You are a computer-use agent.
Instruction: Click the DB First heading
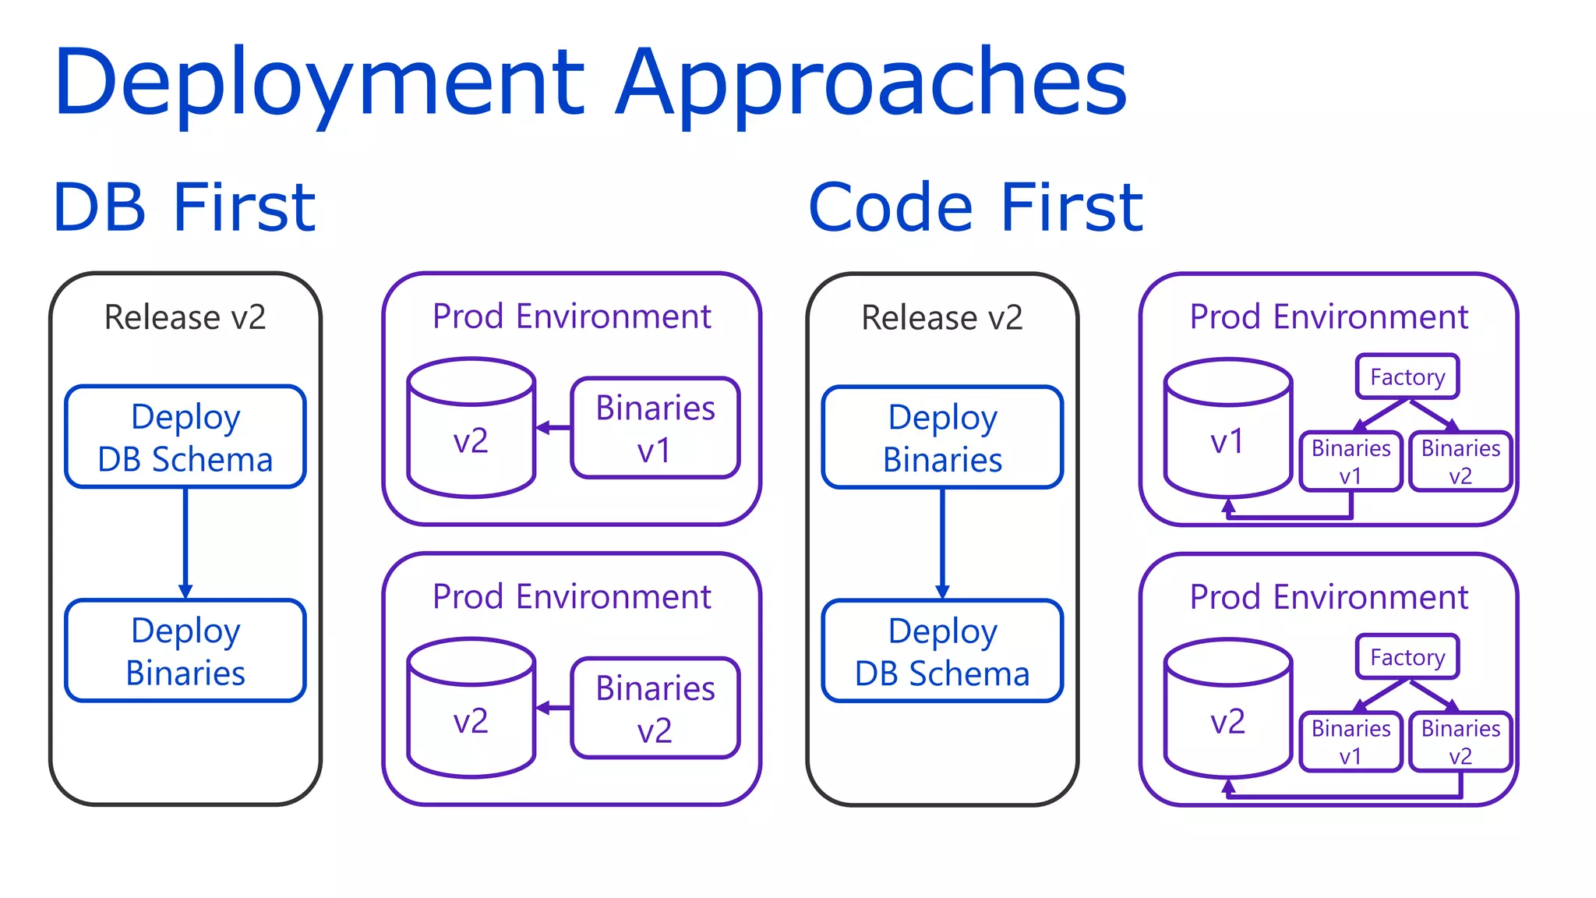pos(184,207)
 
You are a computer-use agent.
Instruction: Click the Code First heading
pos(975,207)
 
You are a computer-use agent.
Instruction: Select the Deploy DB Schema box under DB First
pos(185,437)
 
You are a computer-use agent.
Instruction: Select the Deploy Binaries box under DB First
pos(185,651)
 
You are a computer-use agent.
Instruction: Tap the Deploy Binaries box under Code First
pos(942,437)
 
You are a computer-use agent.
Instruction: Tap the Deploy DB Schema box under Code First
pos(942,651)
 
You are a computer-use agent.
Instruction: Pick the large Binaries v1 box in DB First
pos(655,428)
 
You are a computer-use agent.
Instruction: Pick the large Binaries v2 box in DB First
pos(655,708)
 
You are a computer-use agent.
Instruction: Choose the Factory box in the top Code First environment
pos(1407,377)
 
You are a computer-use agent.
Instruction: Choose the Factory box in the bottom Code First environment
pos(1407,656)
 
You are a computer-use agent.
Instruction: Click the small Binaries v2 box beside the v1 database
pos(1460,461)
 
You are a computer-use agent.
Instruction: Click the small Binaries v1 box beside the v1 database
pos(1351,461)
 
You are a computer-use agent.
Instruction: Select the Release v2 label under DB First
pos(185,317)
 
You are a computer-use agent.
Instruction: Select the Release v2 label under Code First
pos(942,317)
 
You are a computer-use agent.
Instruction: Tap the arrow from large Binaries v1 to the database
pos(553,428)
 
